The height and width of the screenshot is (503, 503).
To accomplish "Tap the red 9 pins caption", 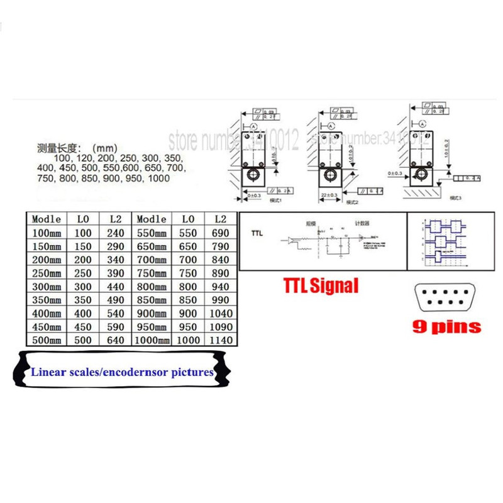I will pos(446,326).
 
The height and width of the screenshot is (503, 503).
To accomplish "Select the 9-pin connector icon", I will pos(446,297).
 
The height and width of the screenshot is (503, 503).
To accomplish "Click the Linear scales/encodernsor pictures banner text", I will pos(122,372).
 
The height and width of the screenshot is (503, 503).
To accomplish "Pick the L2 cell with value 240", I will pos(116,233).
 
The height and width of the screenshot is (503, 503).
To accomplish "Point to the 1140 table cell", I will pos(221,340).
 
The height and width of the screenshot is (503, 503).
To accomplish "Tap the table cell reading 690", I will pos(221,233).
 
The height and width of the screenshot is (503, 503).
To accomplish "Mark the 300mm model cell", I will pos(46,287).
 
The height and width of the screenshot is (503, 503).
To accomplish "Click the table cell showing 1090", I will pos(221,327).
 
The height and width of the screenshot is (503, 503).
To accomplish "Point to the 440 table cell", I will pos(116,287).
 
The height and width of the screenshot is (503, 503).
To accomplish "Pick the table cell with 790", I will pos(221,246).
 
